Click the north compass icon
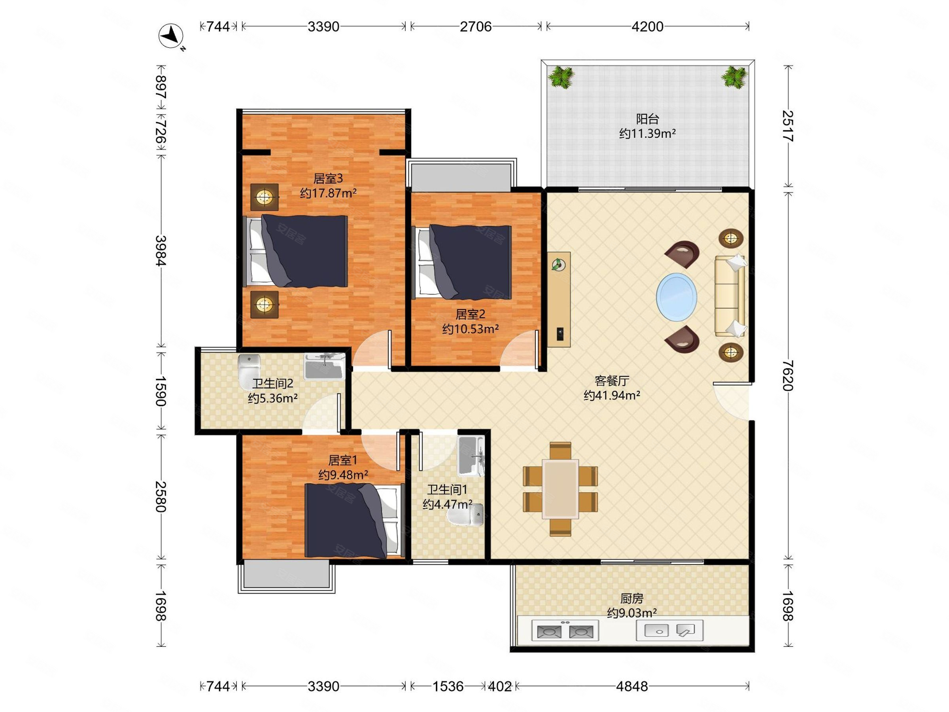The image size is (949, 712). click(171, 36)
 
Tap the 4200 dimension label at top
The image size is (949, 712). click(647, 27)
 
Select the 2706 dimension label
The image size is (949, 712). click(475, 27)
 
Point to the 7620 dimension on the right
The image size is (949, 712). click(788, 375)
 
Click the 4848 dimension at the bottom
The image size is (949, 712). click(632, 686)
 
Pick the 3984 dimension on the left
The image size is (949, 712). click(161, 251)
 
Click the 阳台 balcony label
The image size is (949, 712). click(647, 119)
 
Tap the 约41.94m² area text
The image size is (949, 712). click(612, 395)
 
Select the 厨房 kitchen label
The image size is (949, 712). click(632, 598)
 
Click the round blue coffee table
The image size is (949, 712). click(676, 296)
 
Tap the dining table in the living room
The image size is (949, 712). click(560, 489)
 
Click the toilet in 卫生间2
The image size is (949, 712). click(249, 366)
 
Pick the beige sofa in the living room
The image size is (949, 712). click(730, 296)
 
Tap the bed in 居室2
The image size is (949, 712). click(463, 262)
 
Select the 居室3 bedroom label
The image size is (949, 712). click(328, 178)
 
